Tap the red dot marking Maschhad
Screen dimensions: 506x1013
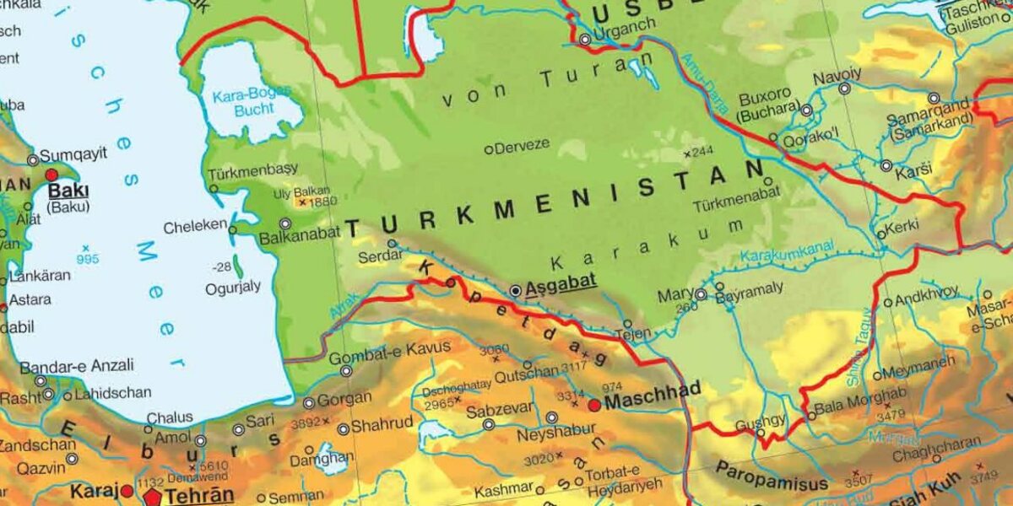point(594,406)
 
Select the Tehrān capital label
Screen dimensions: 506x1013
point(199,495)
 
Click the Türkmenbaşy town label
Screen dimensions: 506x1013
point(252,169)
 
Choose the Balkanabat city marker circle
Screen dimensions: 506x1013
point(285,223)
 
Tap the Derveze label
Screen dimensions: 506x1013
point(521,145)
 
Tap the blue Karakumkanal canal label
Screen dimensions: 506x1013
point(787,250)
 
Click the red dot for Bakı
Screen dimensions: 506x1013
point(51,175)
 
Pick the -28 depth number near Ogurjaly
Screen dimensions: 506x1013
point(222,266)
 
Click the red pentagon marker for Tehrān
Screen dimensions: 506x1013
point(152,496)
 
